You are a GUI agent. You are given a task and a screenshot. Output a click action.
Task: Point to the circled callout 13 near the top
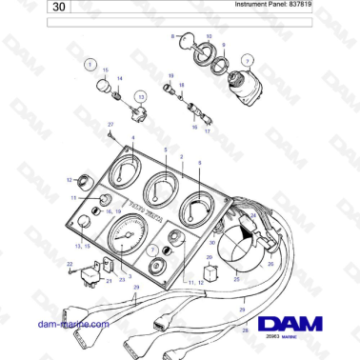coord(141,97)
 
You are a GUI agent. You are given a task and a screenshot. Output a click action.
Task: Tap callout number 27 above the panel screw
coord(110,125)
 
